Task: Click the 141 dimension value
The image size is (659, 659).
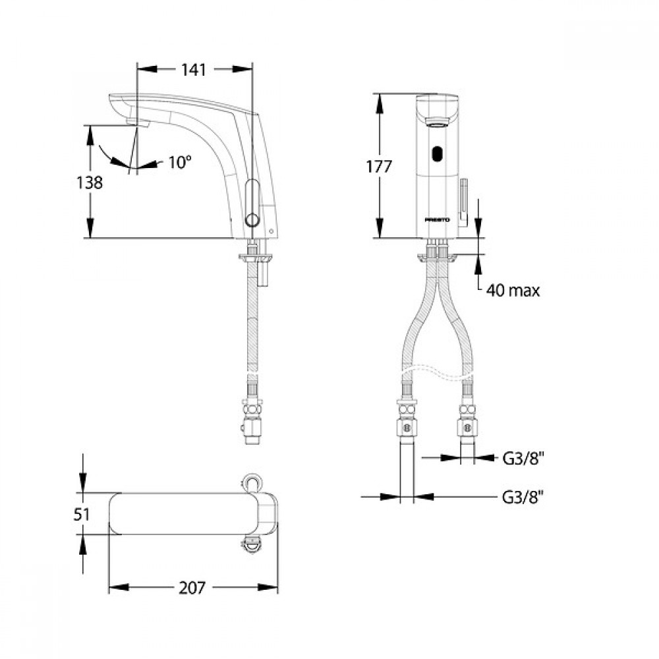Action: (194, 70)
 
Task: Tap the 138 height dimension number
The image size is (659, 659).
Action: (89, 183)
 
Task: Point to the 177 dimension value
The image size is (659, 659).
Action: (379, 167)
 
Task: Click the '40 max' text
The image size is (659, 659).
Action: (513, 291)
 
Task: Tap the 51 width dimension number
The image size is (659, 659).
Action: (82, 515)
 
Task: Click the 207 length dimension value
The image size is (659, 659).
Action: (192, 588)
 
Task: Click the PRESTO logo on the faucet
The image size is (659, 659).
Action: (437, 220)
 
